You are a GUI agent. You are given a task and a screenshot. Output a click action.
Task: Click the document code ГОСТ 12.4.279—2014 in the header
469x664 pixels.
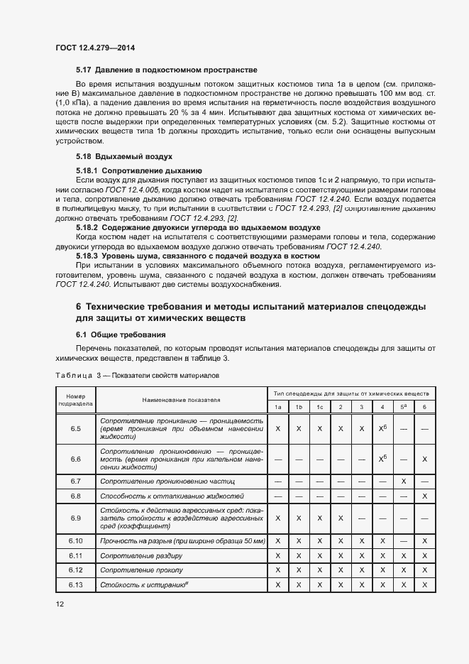(94, 48)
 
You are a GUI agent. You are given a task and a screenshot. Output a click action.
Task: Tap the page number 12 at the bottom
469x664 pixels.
(60, 604)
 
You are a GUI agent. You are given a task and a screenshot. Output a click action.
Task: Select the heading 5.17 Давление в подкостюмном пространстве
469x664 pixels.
(166, 70)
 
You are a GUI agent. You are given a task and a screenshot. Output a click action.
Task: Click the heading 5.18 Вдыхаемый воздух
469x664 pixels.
(124, 156)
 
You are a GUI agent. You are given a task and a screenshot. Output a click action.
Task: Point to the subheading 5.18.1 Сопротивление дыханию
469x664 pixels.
(139, 171)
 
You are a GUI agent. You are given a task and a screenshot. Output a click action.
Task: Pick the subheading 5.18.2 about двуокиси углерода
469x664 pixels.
(198, 227)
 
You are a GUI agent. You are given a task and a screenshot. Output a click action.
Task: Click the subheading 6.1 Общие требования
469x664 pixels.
(121, 334)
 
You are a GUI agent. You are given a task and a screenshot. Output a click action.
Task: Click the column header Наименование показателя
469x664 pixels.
(181, 400)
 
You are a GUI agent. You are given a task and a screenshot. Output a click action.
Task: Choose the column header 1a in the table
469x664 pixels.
(278, 406)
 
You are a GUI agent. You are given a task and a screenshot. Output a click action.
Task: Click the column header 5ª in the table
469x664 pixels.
(403, 406)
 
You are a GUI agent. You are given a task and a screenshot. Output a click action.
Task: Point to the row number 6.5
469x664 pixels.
(76, 429)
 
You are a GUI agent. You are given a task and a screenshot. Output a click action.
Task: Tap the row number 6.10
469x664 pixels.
(76, 541)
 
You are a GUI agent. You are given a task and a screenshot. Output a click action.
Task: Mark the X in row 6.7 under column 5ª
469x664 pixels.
(403, 481)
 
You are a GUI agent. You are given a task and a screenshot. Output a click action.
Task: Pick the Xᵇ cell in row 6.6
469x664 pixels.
(382, 459)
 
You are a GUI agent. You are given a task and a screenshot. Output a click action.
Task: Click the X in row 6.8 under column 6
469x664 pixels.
(424, 496)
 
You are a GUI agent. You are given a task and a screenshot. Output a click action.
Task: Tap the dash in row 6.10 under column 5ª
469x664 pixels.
(403, 541)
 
